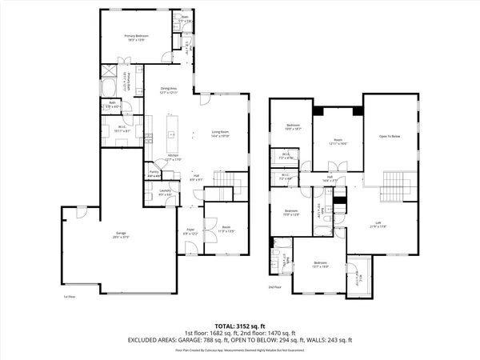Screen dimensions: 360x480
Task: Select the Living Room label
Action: coord(221,134)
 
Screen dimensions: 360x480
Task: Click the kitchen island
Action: coord(170,131)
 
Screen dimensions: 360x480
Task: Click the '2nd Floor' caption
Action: coord(276,286)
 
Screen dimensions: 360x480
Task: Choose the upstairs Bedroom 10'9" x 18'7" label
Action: coord(293,126)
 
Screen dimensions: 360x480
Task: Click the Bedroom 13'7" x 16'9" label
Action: coord(320,264)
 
